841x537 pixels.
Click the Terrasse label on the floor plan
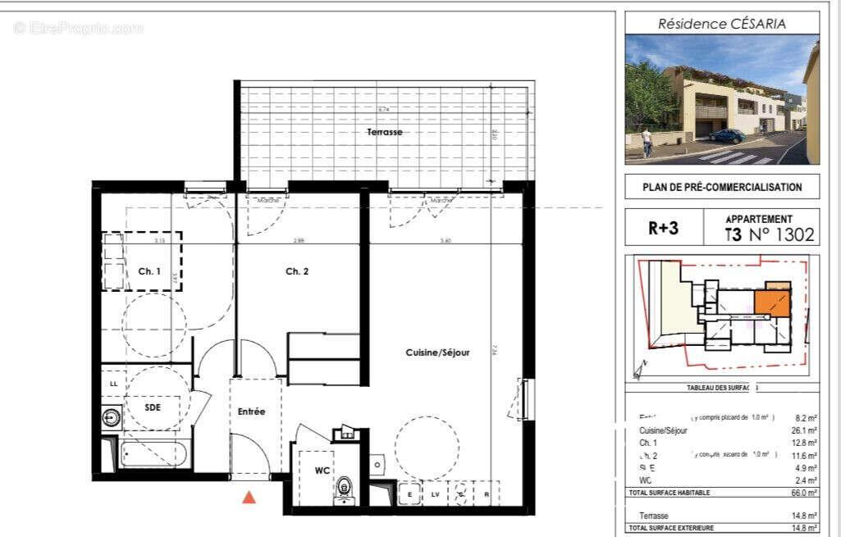click(384, 132)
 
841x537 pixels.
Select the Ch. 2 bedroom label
click(296, 271)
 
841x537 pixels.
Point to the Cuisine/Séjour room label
click(437, 353)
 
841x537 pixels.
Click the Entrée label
click(252, 412)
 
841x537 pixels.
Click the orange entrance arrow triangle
click(249, 496)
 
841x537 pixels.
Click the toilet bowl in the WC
click(345, 488)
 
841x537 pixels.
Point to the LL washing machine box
click(112, 383)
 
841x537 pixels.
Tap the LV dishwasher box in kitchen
click(435, 494)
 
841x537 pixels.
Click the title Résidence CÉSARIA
click(721, 24)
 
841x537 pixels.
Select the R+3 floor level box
click(663, 229)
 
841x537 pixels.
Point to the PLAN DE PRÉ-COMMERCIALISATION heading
click(722, 187)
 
